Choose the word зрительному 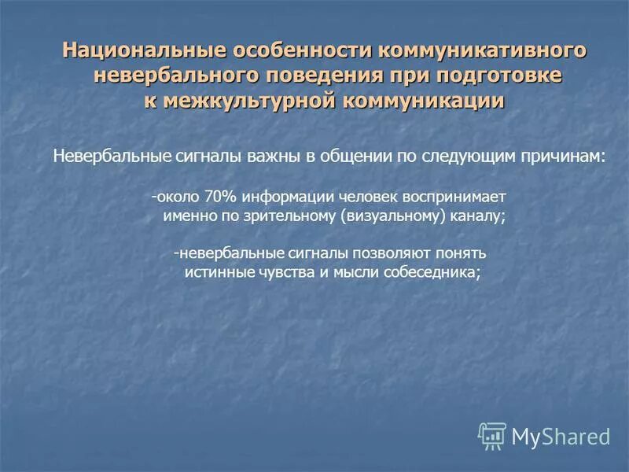pos(292,217)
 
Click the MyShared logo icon pos(493,434)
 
